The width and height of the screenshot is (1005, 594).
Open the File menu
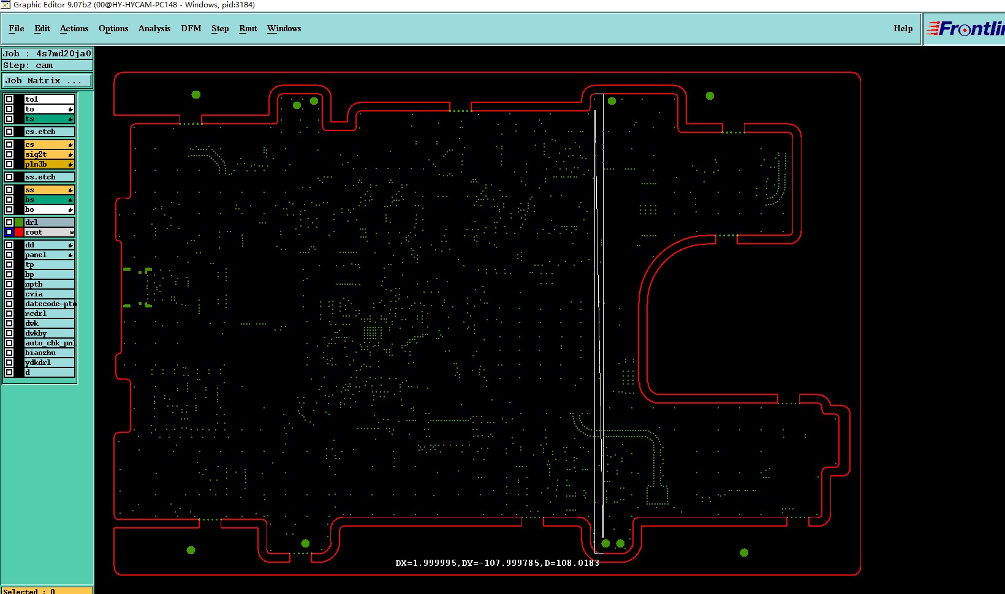[x=17, y=29]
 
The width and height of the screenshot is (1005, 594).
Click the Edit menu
[x=42, y=29]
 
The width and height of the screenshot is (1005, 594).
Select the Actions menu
[x=74, y=29]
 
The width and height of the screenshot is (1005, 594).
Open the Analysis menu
[x=154, y=29]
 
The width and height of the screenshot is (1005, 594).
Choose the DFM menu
[x=191, y=29]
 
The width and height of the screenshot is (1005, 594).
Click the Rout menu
[x=248, y=29]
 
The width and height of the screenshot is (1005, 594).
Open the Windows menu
[x=284, y=29]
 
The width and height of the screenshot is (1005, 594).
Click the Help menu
[x=903, y=29]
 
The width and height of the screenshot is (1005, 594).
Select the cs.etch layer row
[x=40, y=132]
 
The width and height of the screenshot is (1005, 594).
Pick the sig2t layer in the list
[x=37, y=154]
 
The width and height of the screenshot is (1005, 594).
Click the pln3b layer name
[x=37, y=164]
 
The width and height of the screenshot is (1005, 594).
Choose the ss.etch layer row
[x=40, y=177]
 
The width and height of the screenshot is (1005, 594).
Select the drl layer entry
[x=32, y=222]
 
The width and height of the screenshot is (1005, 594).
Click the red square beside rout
[x=19, y=232]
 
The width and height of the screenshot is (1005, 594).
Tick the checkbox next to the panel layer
[x=9, y=255]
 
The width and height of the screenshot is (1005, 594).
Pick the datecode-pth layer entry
[x=49, y=304]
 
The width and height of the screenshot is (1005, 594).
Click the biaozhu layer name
[x=40, y=353]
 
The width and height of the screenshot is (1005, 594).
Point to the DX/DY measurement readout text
[x=497, y=563]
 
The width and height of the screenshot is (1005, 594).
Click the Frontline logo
[x=966, y=29]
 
